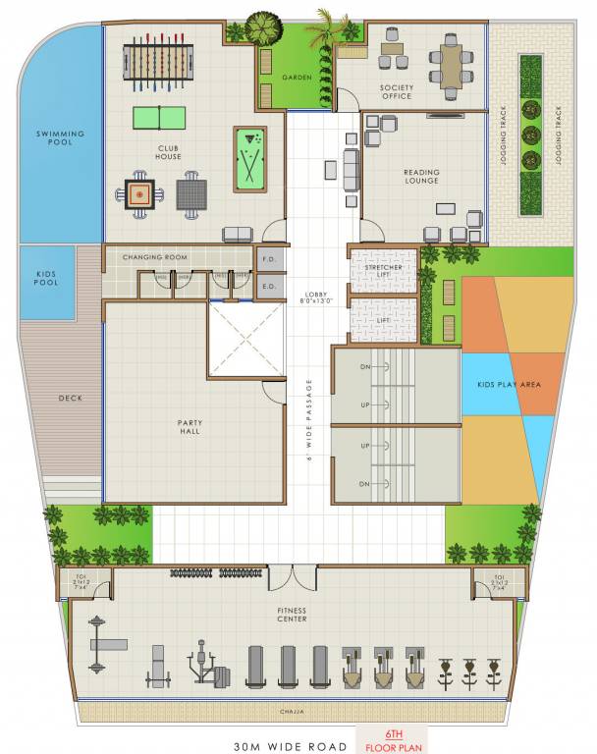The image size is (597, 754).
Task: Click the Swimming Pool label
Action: click(60, 138)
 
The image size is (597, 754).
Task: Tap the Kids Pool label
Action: click(46, 278)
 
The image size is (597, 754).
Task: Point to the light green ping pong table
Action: click(158, 117)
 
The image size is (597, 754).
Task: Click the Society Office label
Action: click(397, 92)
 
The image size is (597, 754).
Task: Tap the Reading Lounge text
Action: click(421, 177)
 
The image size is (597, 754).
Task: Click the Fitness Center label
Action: click(292, 615)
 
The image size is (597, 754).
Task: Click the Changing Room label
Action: click(154, 257)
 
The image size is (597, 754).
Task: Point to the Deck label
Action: click(70, 398)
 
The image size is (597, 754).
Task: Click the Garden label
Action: click(297, 77)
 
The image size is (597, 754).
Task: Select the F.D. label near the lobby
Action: click(267, 260)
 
